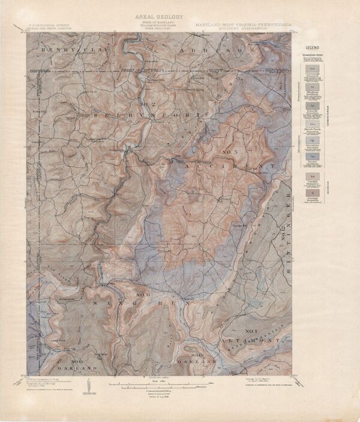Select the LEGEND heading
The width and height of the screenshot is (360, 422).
pos(312,47)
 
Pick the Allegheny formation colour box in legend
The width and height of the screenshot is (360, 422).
pos(312,88)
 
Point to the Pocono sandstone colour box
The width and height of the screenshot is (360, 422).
pos(312,141)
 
